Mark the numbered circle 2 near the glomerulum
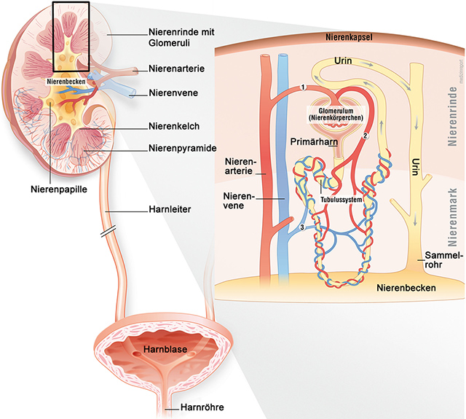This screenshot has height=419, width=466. click(x=366, y=136)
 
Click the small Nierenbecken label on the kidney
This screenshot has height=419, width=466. click(x=63, y=82)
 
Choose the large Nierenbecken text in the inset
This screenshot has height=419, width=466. click(x=406, y=288)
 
